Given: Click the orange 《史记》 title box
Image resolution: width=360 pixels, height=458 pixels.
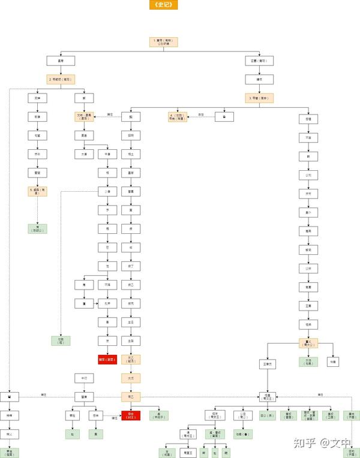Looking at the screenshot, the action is [163, 5].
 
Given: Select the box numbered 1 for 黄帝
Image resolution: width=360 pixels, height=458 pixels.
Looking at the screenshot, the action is [163, 43].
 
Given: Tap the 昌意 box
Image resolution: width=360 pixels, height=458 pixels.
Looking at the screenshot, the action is [61, 61].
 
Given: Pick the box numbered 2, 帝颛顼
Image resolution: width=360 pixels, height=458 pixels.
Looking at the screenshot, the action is [61, 79].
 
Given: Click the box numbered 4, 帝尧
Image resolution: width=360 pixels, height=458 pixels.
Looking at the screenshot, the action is [177, 117].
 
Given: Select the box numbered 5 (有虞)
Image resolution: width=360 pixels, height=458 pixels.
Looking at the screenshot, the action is [37, 191].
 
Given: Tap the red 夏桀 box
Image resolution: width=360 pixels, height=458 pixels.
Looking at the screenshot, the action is [107, 360].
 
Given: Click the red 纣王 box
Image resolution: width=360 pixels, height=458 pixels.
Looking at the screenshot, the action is [131, 415].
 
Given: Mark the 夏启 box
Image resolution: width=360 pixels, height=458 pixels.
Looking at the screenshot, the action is [84, 135].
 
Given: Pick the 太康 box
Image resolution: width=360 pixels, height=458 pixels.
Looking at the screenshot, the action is [84, 154].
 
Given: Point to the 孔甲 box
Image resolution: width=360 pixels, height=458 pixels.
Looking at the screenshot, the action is [107, 304].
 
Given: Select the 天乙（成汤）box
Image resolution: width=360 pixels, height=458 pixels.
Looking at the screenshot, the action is [131, 360].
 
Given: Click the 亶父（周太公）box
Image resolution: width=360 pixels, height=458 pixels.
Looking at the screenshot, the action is [308, 343].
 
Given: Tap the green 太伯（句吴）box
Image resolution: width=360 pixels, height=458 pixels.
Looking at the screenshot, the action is [308, 362].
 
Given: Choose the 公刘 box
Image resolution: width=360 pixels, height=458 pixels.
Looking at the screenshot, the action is [308, 176].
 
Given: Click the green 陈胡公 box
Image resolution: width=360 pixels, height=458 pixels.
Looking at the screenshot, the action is [37, 228].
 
